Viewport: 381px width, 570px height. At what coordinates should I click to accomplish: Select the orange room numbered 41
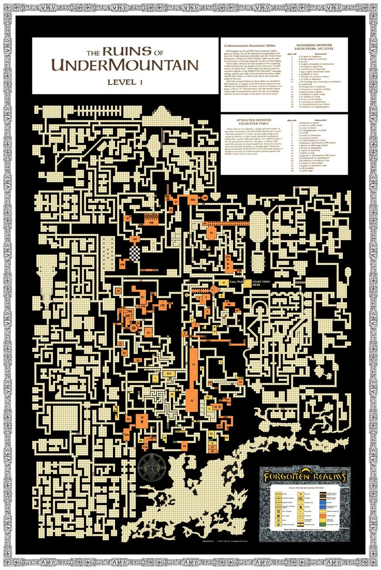point(211,233)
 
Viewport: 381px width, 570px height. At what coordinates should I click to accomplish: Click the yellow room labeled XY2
point(169,374)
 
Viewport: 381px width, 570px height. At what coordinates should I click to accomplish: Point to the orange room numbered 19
point(184,446)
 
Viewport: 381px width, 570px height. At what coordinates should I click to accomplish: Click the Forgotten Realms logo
point(303,475)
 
